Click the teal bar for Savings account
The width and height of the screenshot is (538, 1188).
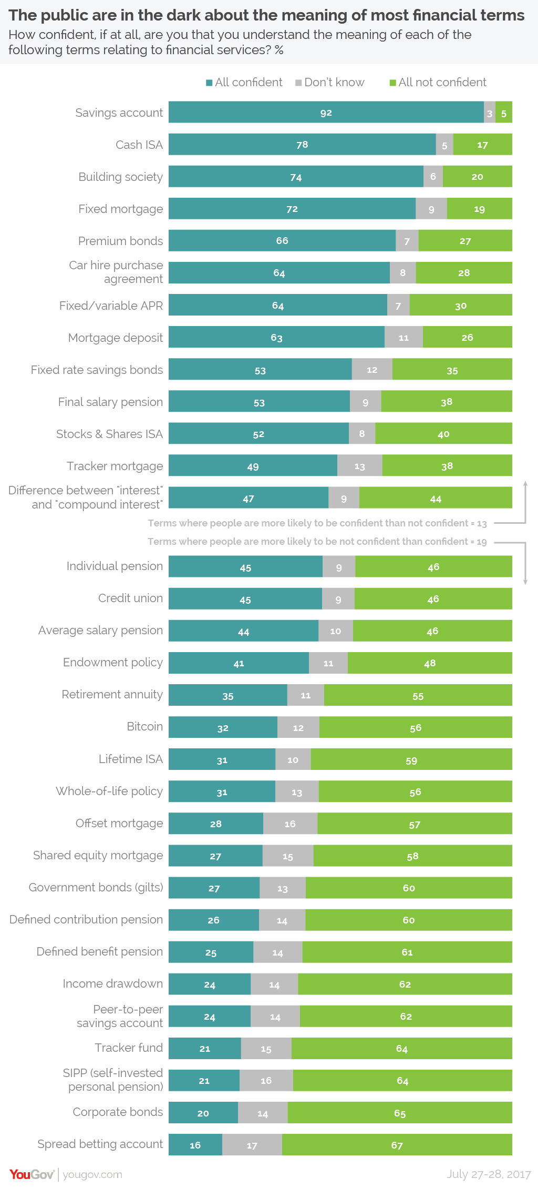click(326, 113)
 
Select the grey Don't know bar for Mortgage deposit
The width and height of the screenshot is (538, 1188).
click(403, 337)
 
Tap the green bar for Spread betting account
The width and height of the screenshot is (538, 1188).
click(397, 1145)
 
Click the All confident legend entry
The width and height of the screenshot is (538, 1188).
click(244, 83)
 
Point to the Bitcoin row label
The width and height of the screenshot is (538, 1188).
click(145, 726)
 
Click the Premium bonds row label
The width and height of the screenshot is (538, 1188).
click(121, 241)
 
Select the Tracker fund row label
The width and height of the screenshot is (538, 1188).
click(129, 1048)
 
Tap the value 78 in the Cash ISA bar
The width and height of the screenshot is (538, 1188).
click(302, 145)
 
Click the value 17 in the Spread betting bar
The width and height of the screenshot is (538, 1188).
click(252, 1145)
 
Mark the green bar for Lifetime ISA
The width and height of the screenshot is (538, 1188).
click(411, 760)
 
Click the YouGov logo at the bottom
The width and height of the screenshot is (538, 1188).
click(32, 1174)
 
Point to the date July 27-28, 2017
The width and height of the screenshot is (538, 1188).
click(489, 1174)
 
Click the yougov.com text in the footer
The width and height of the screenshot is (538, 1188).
click(92, 1174)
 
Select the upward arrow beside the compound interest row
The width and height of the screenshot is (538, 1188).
click(525, 484)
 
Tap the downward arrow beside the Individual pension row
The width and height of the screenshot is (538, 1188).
click(525, 581)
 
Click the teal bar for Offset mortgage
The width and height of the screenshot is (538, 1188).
click(215, 824)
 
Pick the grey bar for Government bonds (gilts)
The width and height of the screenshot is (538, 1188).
click(283, 888)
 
